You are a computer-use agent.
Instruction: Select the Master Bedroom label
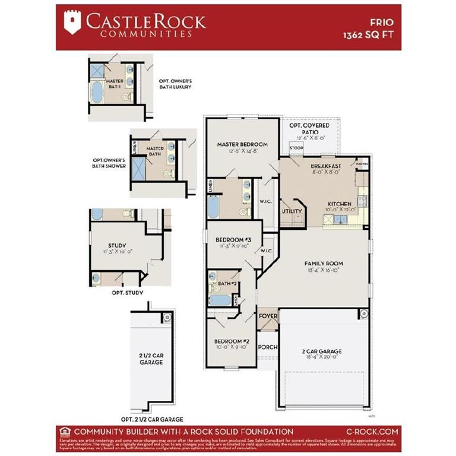242,144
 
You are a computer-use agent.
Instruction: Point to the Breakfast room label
325,166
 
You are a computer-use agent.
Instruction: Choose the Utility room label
292,211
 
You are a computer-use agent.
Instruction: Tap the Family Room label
324,263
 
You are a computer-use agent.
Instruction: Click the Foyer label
268,316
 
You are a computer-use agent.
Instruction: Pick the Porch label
268,347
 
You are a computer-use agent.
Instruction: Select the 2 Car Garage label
321,351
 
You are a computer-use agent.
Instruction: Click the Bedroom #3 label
233,240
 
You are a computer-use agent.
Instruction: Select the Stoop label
296,147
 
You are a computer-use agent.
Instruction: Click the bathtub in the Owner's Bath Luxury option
96,93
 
